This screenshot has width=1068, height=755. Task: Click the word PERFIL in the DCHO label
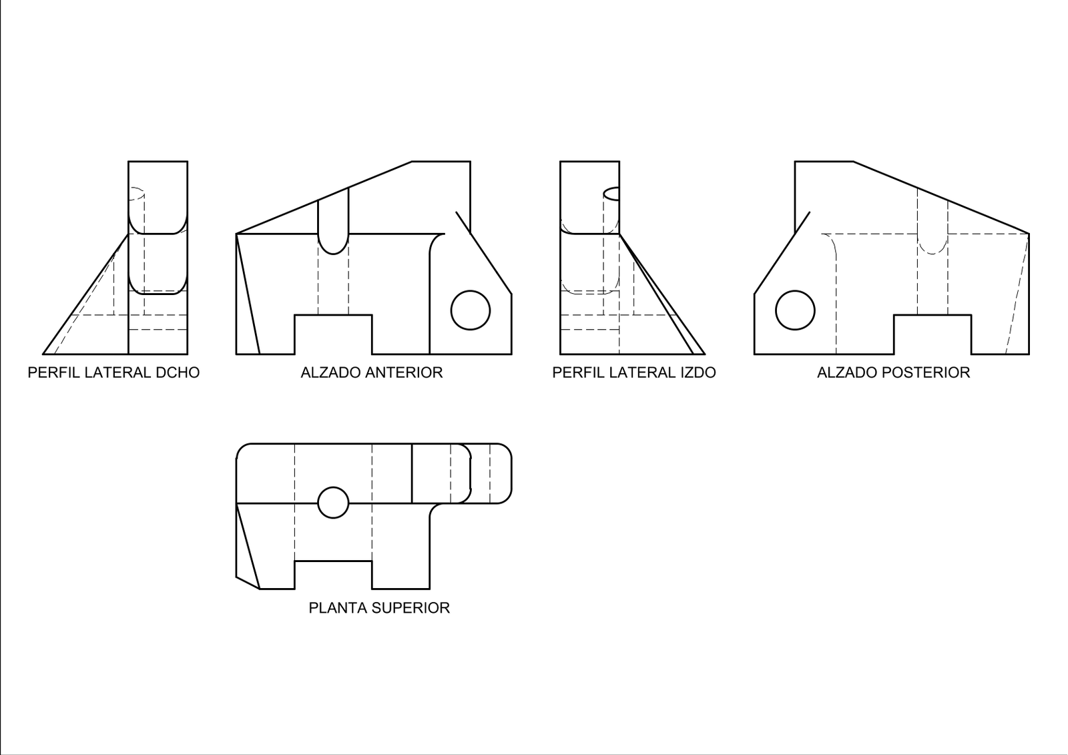pos(54,372)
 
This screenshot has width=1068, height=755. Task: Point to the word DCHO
pos(178,372)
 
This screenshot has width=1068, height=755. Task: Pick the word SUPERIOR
pos(411,608)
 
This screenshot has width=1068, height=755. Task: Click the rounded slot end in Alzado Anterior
pos(333,254)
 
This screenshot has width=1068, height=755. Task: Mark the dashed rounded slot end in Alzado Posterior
pos(932,254)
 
